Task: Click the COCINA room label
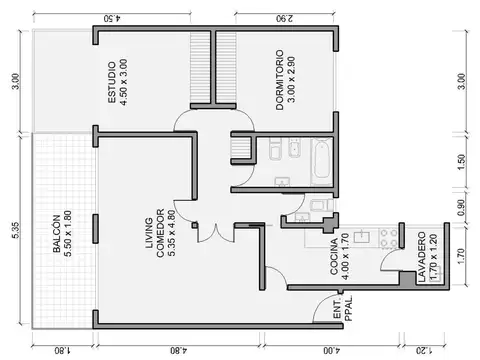340,254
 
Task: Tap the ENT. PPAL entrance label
341,308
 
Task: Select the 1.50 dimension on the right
460,161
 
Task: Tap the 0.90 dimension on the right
460,208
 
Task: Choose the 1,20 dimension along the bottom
423,350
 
